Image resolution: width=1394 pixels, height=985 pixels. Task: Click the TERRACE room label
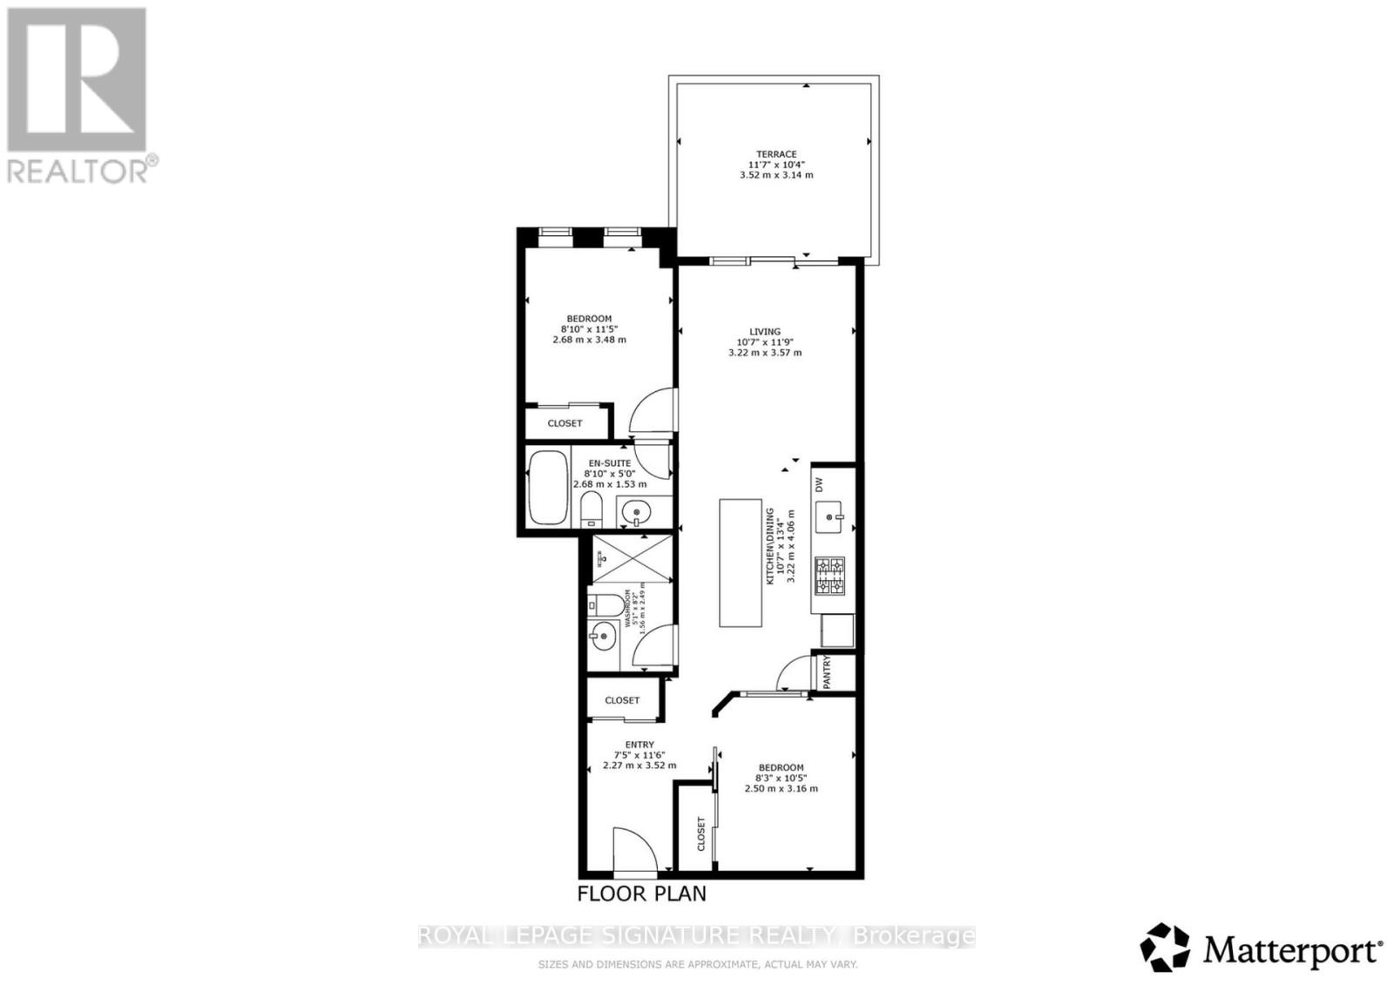pyautogui.click(x=775, y=154)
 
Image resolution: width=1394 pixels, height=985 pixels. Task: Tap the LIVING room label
pyautogui.click(x=765, y=332)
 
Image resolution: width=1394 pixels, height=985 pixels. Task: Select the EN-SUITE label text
pyautogui.click(x=609, y=463)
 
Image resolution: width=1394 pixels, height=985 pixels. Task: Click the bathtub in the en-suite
pyautogui.click(x=546, y=488)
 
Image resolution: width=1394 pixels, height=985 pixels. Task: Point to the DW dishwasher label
pyautogui.click(x=819, y=484)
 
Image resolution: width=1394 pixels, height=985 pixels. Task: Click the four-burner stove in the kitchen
pyautogui.click(x=829, y=576)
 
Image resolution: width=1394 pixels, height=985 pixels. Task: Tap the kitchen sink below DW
pyautogui.click(x=829, y=518)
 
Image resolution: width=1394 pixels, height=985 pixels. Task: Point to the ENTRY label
pyautogui.click(x=639, y=745)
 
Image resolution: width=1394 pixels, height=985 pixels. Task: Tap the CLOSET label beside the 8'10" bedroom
pyautogui.click(x=565, y=423)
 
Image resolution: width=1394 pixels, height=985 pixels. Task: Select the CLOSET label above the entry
pyautogui.click(x=622, y=700)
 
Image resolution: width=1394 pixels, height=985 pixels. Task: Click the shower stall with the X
pyautogui.click(x=632, y=558)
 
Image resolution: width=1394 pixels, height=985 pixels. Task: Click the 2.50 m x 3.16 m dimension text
pyautogui.click(x=781, y=789)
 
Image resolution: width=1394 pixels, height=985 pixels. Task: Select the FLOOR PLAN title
pyautogui.click(x=642, y=894)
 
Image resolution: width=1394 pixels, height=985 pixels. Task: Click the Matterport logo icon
pyautogui.click(x=1165, y=947)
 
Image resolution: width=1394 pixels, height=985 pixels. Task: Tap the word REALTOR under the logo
pyautogui.click(x=78, y=171)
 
